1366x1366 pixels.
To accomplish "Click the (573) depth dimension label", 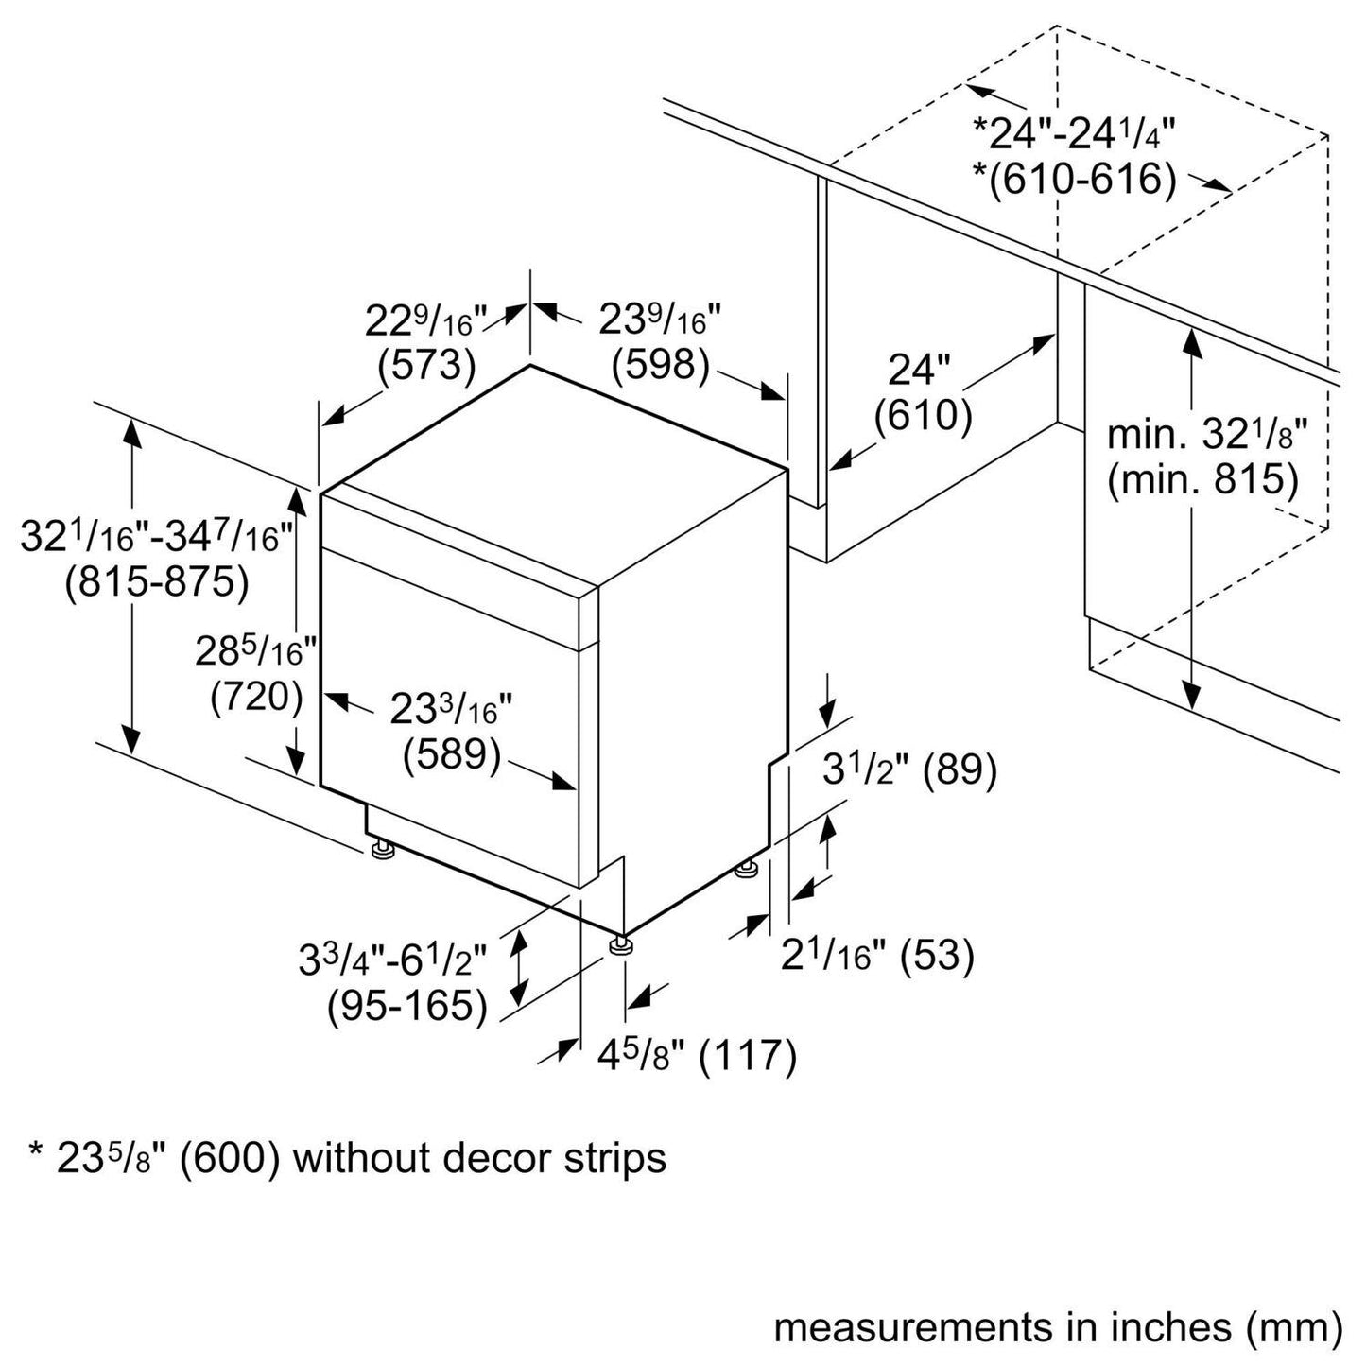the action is [x=426, y=366].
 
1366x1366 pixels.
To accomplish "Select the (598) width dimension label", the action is [x=661, y=366].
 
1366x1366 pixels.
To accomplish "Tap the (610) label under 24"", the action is [x=923, y=415].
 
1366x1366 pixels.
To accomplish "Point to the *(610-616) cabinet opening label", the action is [x=1076, y=180].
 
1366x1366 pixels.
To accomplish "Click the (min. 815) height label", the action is [x=1203, y=479].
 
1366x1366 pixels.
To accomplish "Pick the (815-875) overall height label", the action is [x=157, y=583].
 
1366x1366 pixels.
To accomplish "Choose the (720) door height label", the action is [x=256, y=698].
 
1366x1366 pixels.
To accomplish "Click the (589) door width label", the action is [x=452, y=755].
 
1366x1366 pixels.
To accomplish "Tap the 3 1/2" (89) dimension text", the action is [x=909, y=769].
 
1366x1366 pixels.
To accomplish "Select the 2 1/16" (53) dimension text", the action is [x=877, y=957].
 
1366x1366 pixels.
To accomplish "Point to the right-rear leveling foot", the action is [x=748, y=870].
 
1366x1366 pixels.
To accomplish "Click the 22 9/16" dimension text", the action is [x=424, y=320].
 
